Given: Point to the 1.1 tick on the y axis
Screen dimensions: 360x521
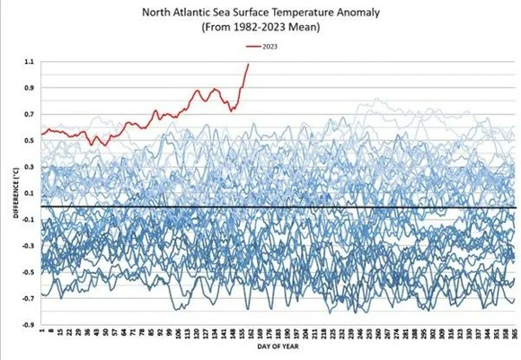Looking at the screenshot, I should (28, 62).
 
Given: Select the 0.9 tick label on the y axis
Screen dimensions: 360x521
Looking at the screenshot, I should (28, 88).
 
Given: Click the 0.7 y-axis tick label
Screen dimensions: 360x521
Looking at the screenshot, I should (28, 114).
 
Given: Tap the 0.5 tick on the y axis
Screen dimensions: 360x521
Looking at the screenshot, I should (28, 141).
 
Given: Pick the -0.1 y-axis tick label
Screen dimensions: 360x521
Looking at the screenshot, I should (27, 220).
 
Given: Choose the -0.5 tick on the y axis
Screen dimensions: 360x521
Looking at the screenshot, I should (27, 272).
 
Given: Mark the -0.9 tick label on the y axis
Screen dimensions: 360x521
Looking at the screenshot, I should (27, 325).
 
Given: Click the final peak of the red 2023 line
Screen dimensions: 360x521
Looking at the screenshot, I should (248, 64).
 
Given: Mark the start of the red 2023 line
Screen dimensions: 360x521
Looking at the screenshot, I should (42, 135).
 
